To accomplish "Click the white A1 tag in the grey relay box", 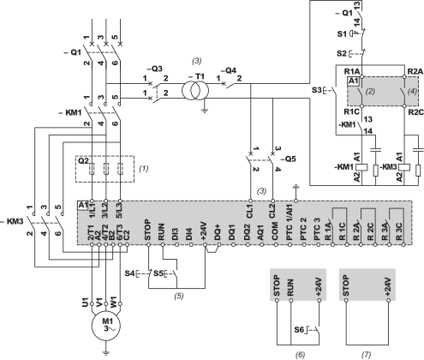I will pyautogui.click(x=353, y=79).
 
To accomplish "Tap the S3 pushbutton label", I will pyautogui.click(x=314, y=88).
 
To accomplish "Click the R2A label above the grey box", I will pyautogui.click(x=414, y=70).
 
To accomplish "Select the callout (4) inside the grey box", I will pyautogui.click(x=410, y=89).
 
